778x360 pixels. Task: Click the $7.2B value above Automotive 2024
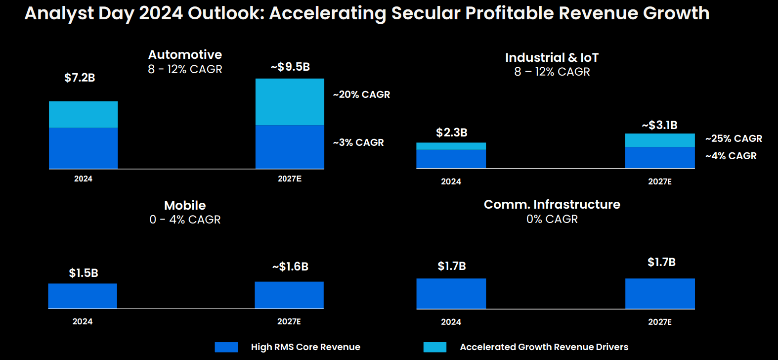tap(80, 78)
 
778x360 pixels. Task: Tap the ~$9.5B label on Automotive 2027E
tap(290, 67)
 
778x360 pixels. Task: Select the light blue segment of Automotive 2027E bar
tap(290, 102)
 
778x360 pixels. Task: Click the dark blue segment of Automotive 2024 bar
tap(83, 148)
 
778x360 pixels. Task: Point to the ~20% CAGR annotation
tap(361, 94)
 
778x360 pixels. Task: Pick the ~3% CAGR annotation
tap(358, 142)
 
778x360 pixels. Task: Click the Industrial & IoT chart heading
tap(552, 58)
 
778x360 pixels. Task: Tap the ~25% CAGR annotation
tap(734, 138)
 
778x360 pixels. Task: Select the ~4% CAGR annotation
tap(731, 156)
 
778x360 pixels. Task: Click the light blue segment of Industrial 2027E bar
tap(660, 140)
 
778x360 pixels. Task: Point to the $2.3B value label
tap(451, 133)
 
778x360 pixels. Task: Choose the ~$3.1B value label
tap(659, 125)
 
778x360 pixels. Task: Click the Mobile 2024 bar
tap(83, 296)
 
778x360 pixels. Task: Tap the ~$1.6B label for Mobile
tap(290, 267)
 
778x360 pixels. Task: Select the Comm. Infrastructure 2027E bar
tap(660, 294)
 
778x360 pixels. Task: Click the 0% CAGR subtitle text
tap(552, 219)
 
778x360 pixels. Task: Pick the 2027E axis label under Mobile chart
tap(289, 321)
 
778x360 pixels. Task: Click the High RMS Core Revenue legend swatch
tap(226, 347)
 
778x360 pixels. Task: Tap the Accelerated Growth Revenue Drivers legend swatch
tap(434, 347)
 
